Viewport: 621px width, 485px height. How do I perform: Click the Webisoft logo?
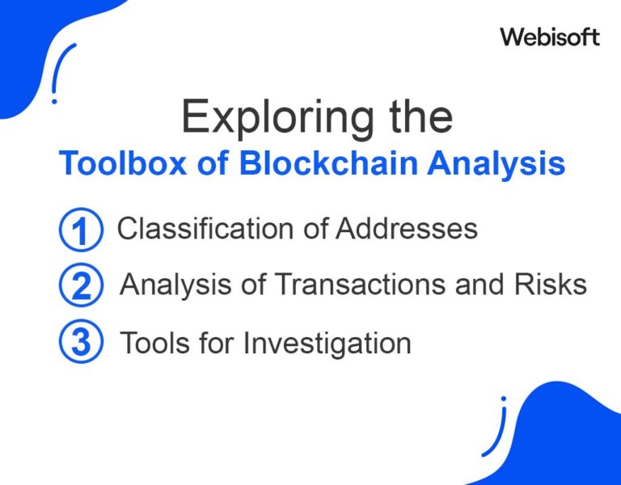click(550, 37)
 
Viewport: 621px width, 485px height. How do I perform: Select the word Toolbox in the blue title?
click(122, 162)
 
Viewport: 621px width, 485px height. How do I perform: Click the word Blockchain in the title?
click(329, 162)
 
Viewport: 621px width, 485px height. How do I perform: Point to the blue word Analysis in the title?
click(496, 164)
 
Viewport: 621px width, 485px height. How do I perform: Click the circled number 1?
click(81, 230)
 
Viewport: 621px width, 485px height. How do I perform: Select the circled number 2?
click(81, 285)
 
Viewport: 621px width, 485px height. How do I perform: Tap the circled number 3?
click(81, 341)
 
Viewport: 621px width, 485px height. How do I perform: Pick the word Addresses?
click(407, 228)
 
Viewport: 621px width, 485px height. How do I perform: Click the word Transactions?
click(360, 284)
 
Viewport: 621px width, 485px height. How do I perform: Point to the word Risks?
click(551, 284)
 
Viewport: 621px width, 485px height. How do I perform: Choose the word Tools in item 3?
click(155, 343)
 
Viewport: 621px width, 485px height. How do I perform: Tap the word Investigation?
click(327, 344)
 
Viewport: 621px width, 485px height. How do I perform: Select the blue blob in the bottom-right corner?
click(570, 440)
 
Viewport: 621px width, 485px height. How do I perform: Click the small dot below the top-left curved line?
click(54, 102)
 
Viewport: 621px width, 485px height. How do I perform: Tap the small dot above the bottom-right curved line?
click(504, 399)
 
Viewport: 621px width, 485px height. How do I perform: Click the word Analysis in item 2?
click(175, 285)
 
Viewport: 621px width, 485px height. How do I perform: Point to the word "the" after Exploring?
click(420, 116)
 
